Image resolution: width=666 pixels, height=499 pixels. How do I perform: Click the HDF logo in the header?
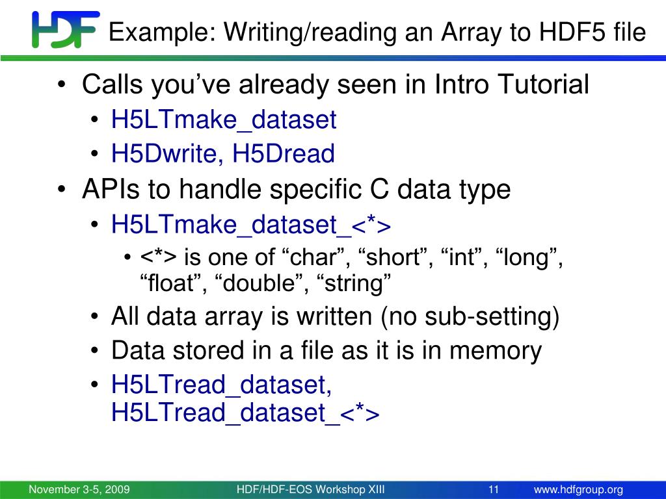pos(66,29)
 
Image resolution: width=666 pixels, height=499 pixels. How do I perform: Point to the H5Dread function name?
pos(284,153)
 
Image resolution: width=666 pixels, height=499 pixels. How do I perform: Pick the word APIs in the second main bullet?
pos(111,189)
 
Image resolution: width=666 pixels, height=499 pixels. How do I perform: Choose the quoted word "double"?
pos(256,283)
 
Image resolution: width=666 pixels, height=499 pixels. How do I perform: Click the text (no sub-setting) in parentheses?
pos(470,316)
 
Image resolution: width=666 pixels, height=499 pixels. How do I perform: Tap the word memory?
pos(495,351)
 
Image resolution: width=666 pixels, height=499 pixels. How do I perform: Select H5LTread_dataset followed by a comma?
pos(221,385)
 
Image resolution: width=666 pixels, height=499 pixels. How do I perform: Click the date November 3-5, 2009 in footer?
pos(79,489)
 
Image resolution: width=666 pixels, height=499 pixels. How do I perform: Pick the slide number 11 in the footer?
pos(494,489)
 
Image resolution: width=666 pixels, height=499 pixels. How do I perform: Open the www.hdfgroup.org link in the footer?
pos(578,490)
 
